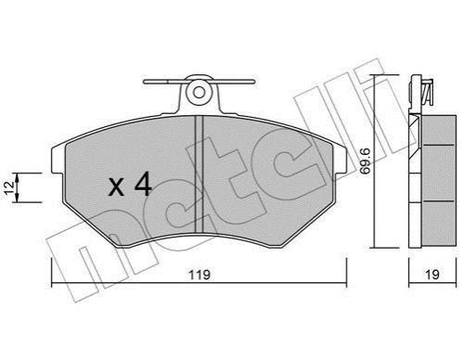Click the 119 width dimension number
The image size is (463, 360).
coord(199,275)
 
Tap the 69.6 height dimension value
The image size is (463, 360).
coord(366,161)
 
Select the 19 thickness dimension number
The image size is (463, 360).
coord(432,275)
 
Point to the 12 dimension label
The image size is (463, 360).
coord(10,187)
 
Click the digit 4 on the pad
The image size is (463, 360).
coord(143,184)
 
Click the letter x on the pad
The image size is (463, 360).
coord(116,186)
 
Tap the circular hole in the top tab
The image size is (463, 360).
coord(199,92)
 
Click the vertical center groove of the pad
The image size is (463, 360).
coord(199,174)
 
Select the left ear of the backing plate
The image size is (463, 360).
coord(58,160)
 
